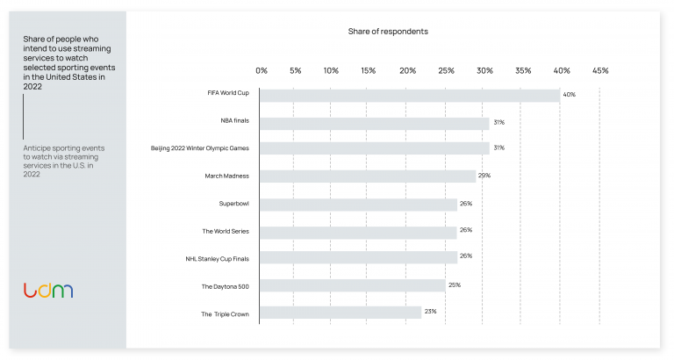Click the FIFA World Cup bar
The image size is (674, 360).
click(410, 95)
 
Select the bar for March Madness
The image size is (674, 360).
click(368, 176)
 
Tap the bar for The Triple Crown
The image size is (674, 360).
click(341, 312)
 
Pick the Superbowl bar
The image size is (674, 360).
click(359, 204)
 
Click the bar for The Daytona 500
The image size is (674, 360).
click(353, 285)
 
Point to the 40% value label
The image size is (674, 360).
click(569, 94)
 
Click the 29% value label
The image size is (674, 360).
click(484, 176)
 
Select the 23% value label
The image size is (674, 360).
click(430, 312)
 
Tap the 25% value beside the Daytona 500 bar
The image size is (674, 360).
click(454, 284)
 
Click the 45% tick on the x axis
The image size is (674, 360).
click(600, 70)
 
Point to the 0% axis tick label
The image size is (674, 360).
click(262, 70)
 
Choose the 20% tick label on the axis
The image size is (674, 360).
click(408, 70)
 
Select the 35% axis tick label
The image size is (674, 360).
click(524, 70)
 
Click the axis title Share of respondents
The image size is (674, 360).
click(388, 32)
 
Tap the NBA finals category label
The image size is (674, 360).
click(235, 122)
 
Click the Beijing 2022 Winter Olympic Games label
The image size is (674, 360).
click(200, 149)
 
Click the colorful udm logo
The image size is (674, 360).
click(48, 291)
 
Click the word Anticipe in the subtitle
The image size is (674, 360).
click(40, 148)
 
